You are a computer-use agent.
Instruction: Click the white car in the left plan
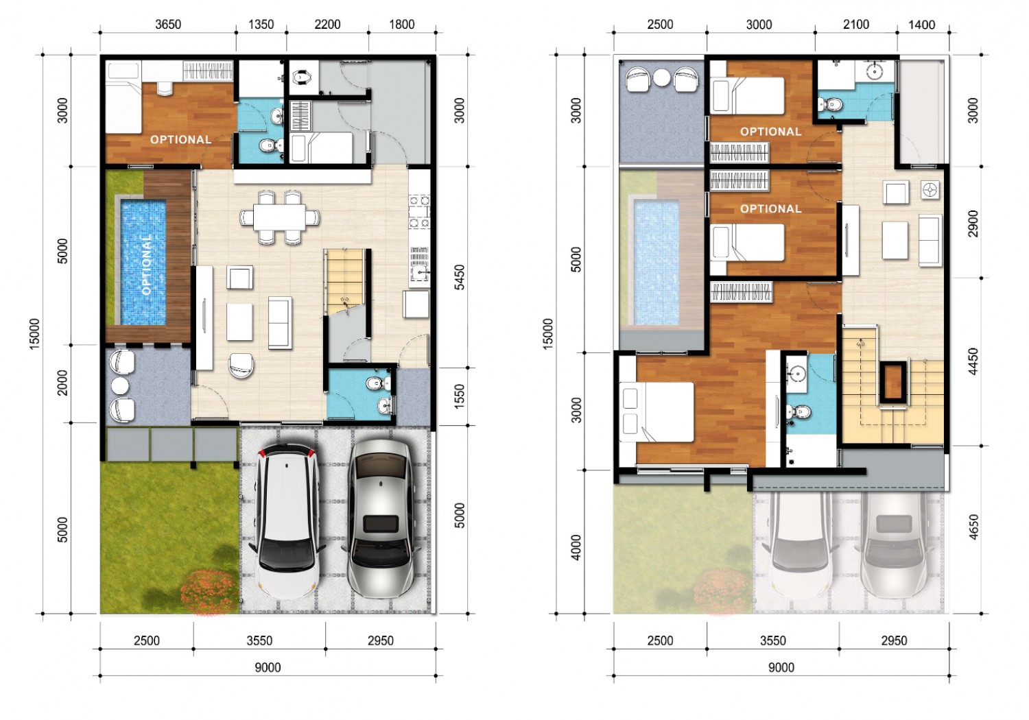coord(287,522)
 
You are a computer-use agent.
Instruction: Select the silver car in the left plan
coord(381,519)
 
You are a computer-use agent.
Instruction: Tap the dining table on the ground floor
coord(280,217)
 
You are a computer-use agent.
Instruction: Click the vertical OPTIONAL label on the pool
coord(146,265)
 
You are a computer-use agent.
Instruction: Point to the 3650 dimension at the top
coord(168,24)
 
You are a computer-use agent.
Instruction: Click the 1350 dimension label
coord(261,24)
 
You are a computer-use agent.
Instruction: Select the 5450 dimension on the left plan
coord(459,277)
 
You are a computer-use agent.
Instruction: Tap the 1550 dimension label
coord(459,396)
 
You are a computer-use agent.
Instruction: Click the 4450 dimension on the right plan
coord(973,361)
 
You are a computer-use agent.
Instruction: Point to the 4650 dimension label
coord(973,527)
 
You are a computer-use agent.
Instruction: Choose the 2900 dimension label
coord(973,224)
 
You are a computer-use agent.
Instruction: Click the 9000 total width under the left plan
coord(268,667)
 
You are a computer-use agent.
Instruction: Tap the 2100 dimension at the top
coord(856,24)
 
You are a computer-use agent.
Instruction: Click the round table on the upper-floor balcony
coord(662,77)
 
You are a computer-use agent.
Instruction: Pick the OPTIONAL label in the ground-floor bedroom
coord(181,140)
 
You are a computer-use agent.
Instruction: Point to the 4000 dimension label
coord(576,547)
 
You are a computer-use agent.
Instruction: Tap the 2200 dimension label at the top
coord(327,24)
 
